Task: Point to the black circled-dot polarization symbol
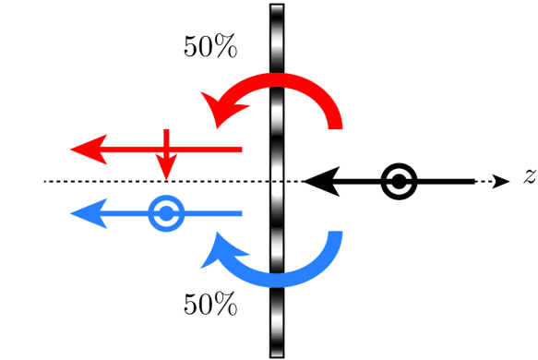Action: pos(400,182)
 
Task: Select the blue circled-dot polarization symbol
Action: pos(166,214)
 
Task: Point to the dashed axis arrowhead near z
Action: pos(500,182)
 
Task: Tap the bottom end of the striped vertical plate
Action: pos(276,354)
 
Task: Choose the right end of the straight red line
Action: pos(241,149)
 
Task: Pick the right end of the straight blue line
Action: pos(241,214)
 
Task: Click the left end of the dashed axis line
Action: pos(45,182)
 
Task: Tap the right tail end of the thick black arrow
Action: pos(473,182)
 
